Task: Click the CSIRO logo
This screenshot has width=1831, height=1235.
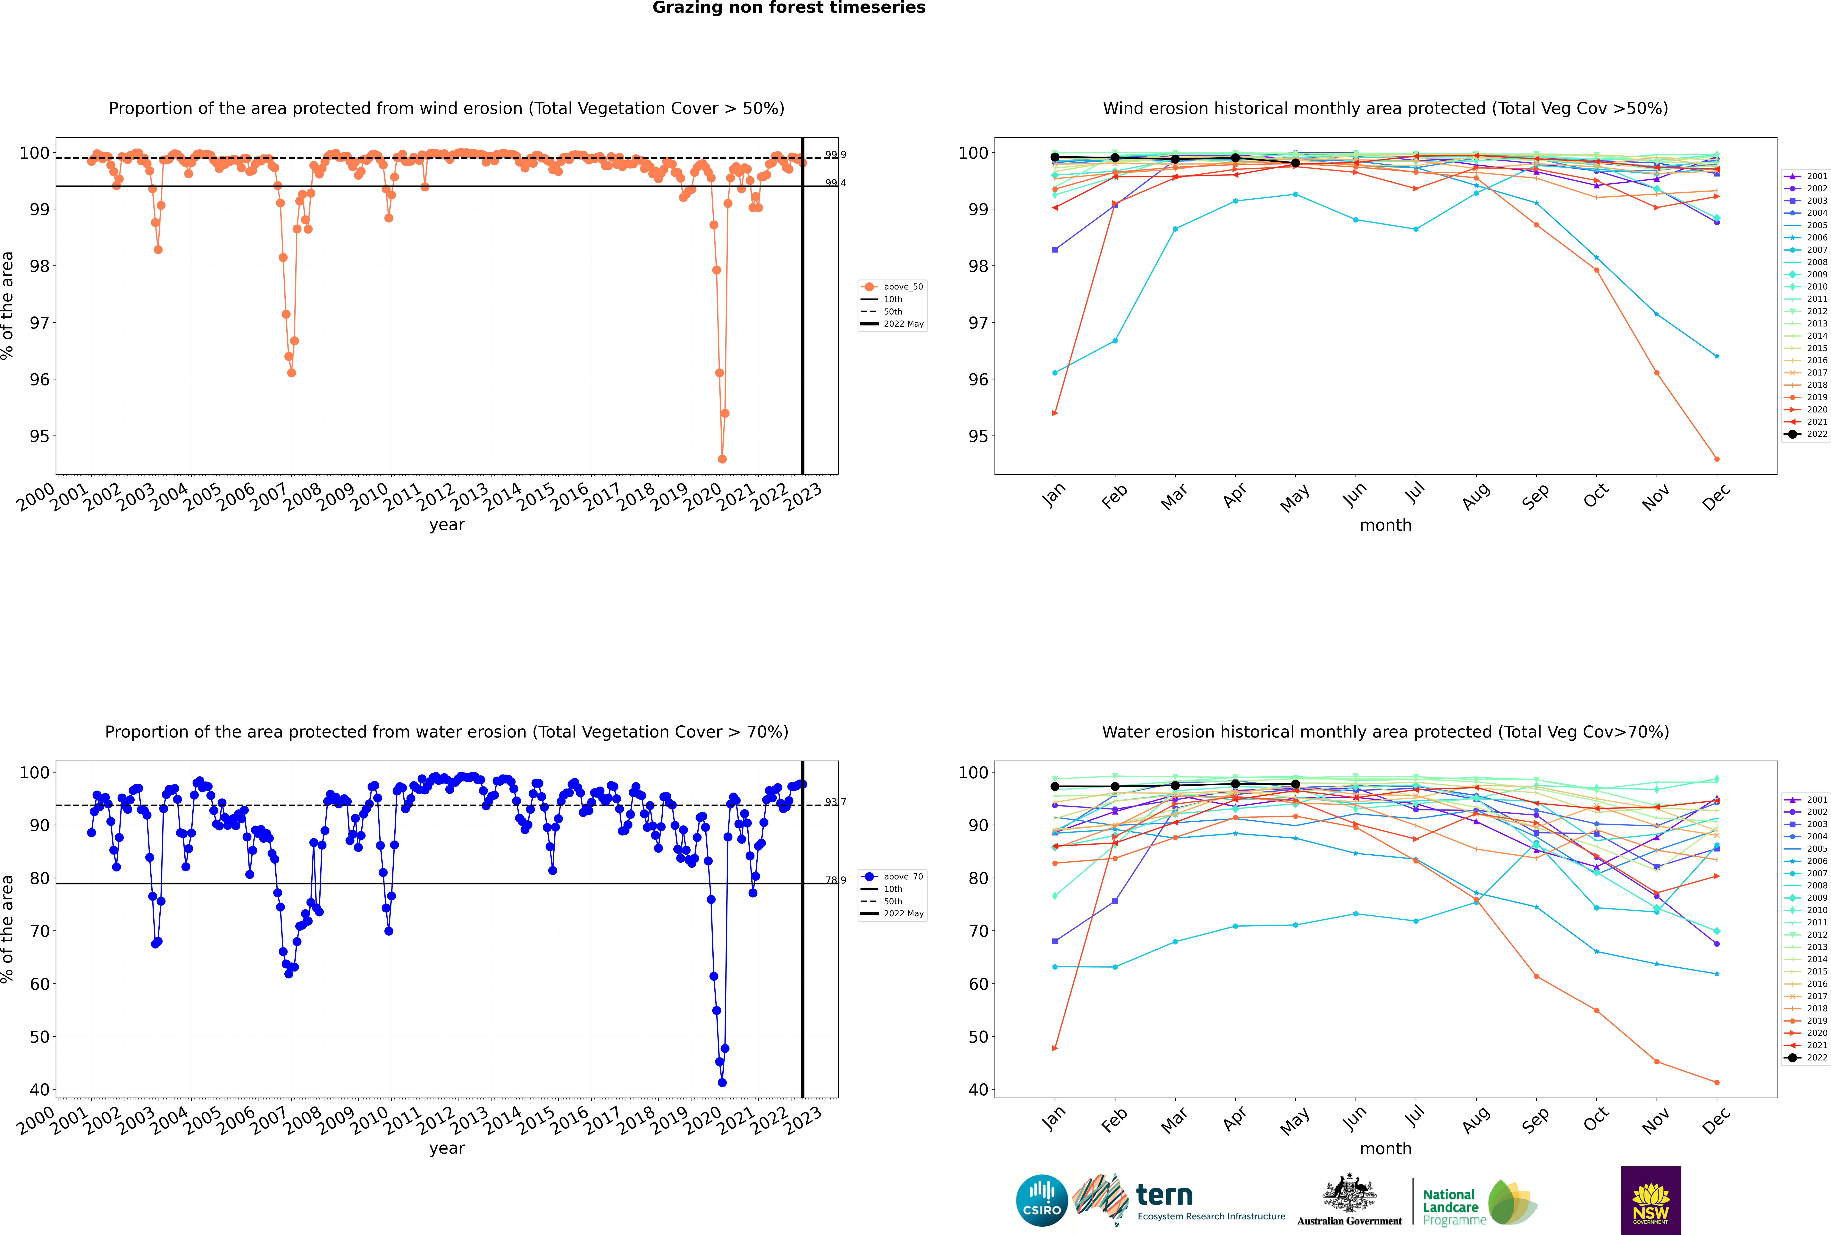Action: point(1041,1200)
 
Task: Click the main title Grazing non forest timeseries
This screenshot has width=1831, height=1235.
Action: point(789,8)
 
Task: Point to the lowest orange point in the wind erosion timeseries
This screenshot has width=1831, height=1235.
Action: point(722,458)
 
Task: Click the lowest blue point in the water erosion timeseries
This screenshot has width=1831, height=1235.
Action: point(722,1082)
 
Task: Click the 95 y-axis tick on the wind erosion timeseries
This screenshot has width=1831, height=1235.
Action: point(39,436)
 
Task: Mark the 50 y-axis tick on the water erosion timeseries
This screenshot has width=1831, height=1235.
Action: point(39,1037)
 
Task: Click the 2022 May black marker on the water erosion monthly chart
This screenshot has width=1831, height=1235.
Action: point(1295,784)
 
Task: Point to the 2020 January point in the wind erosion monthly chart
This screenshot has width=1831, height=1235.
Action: point(1055,413)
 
